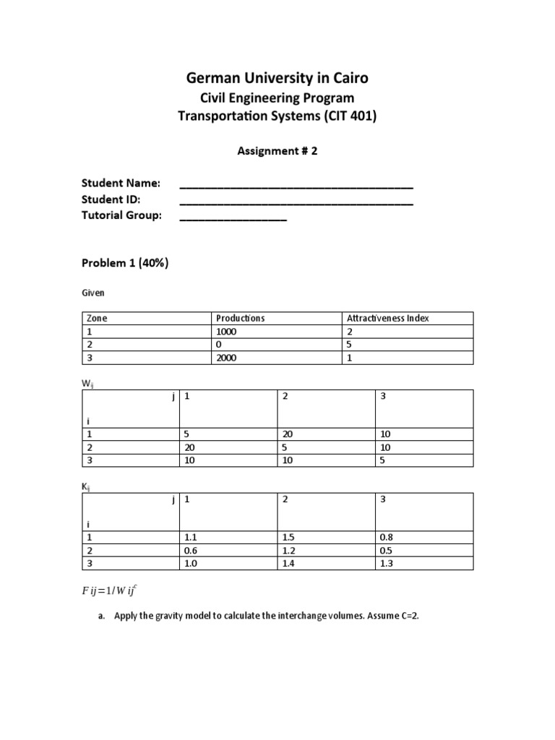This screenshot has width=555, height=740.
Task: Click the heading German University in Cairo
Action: point(277,78)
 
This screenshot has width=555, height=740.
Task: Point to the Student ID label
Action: point(111,199)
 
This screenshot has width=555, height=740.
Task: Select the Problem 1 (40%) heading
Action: point(125,263)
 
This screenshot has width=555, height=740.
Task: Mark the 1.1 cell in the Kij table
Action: point(192,537)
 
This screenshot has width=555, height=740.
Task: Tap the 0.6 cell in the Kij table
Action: point(192,550)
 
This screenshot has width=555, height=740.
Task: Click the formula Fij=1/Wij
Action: point(108,590)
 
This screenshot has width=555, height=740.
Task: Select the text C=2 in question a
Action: point(407,616)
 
